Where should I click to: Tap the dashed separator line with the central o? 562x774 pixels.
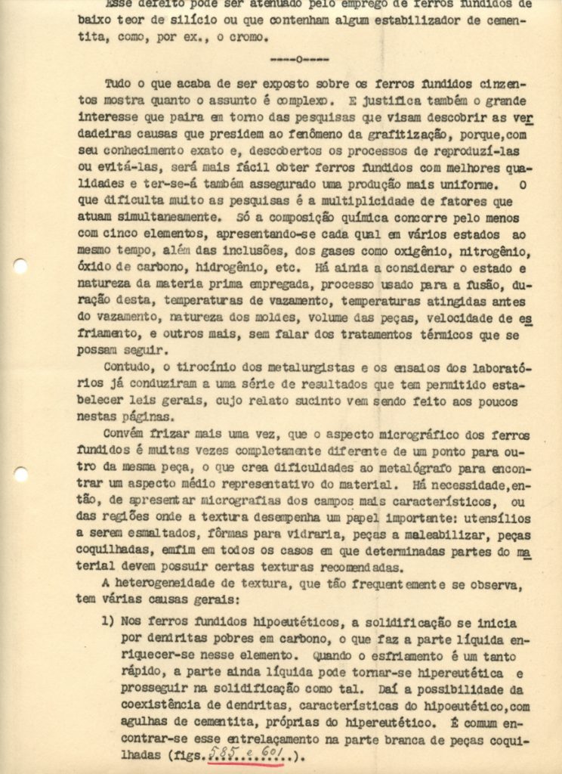coord(298,58)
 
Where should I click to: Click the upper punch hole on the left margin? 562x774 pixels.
coord(20,266)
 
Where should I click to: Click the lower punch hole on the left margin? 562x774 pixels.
coord(20,475)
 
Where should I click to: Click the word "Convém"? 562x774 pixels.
coord(126,435)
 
